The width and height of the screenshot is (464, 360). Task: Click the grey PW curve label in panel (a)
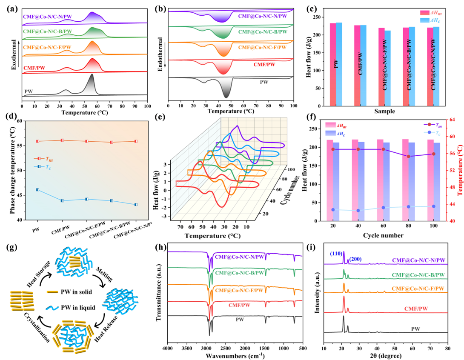coord(29,91)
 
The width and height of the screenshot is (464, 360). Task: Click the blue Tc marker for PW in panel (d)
coord(37,190)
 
